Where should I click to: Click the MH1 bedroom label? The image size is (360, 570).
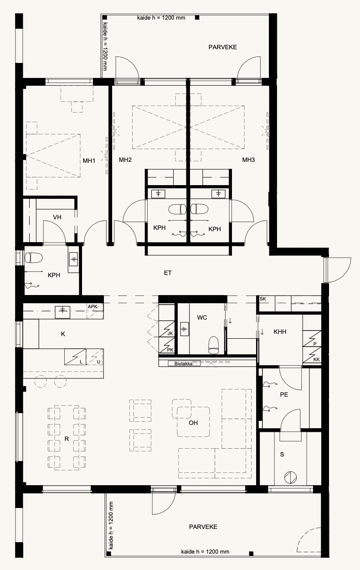(89, 161)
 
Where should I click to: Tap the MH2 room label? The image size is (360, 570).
(125, 160)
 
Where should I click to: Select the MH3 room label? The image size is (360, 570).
(248, 160)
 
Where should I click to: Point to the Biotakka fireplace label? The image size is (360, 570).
(183, 363)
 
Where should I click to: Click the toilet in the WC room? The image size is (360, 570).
(214, 345)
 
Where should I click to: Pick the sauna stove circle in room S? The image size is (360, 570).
(290, 477)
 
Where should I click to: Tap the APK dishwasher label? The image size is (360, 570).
(93, 306)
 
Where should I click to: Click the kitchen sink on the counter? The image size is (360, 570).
(62, 312)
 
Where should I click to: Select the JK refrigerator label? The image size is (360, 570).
(170, 333)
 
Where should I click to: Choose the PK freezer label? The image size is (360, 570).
(170, 350)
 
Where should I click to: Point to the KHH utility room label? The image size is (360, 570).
(280, 332)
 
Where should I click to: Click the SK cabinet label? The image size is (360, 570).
(263, 299)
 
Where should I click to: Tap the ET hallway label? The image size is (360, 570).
(168, 273)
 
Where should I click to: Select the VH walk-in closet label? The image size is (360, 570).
(57, 217)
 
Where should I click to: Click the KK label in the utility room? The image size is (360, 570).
(317, 360)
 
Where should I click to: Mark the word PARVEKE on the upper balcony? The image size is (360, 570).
(223, 47)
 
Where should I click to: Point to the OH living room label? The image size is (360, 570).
(193, 423)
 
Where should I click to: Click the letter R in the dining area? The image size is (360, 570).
(67, 439)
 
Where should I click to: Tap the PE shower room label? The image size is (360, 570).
(284, 394)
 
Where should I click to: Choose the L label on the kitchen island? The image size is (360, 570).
(81, 362)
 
